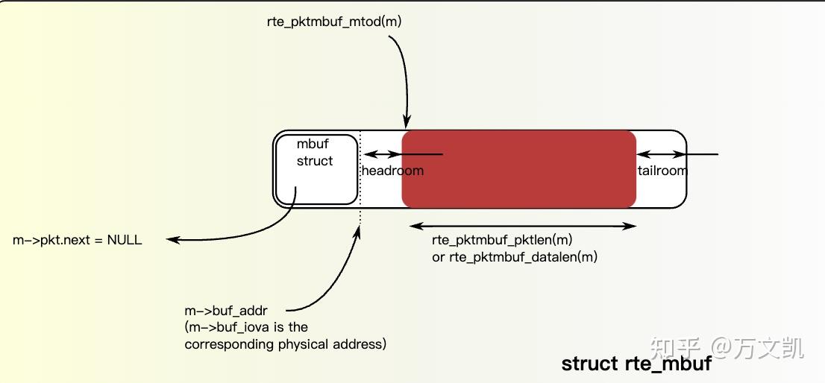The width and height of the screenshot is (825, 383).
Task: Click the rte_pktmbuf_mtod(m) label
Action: point(333,22)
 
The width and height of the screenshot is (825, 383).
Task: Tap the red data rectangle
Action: point(518,169)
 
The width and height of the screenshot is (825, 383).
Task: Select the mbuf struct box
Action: point(316,170)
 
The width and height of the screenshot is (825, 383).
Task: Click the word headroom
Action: point(392,171)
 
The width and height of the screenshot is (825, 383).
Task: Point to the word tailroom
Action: point(662,171)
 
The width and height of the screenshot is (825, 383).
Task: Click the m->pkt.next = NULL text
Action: point(78,240)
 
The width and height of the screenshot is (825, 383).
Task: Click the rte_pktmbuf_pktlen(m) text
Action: point(502,240)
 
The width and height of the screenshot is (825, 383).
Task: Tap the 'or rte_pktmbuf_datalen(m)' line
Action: point(515,257)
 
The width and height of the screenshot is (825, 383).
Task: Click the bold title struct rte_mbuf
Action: point(636,364)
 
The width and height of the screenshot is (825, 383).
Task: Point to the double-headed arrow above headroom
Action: point(382,154)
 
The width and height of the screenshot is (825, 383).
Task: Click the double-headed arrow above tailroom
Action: point(662,154)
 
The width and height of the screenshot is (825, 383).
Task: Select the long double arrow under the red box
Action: point(523,225)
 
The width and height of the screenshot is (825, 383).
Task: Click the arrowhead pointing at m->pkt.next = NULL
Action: point(172,239)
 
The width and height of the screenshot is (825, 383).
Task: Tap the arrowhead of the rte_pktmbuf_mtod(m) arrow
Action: point(406,122)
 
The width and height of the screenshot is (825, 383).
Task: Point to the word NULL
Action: point(125,240)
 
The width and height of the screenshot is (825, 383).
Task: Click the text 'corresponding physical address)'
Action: point(285,344)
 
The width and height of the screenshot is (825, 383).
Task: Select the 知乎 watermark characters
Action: point(674,346)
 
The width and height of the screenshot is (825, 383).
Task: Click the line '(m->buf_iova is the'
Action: point(245,327)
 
